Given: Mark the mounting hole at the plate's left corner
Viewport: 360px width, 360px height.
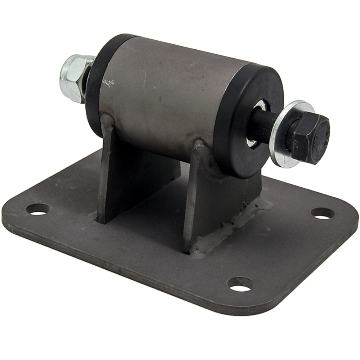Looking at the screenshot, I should tap(39, 209).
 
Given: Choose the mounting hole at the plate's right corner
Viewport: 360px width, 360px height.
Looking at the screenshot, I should tap(323, 213).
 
